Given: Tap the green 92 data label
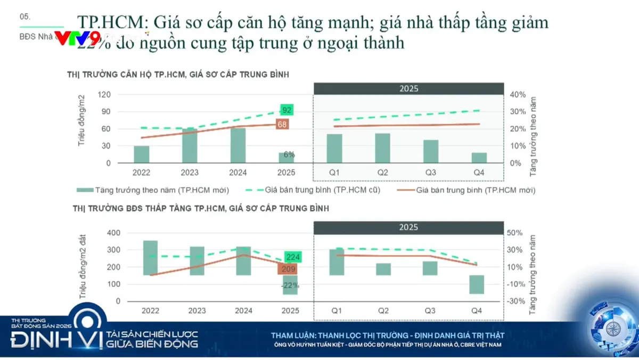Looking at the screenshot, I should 287,110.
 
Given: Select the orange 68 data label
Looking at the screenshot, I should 282,124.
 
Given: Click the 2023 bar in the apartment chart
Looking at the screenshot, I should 190,145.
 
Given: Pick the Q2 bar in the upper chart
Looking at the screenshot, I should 382,148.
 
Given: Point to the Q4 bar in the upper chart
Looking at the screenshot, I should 479,158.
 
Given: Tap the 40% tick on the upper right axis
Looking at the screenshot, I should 518,94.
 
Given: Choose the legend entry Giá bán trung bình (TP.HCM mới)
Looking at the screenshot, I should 469,190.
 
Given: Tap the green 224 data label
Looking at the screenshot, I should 292,257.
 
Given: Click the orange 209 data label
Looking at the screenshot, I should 287,269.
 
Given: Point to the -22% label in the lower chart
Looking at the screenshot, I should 291,285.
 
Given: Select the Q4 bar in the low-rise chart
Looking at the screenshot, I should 477,284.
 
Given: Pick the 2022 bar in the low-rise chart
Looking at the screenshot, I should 151,258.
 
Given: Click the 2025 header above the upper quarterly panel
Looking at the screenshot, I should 408,88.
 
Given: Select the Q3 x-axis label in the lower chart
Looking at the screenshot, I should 430,310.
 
